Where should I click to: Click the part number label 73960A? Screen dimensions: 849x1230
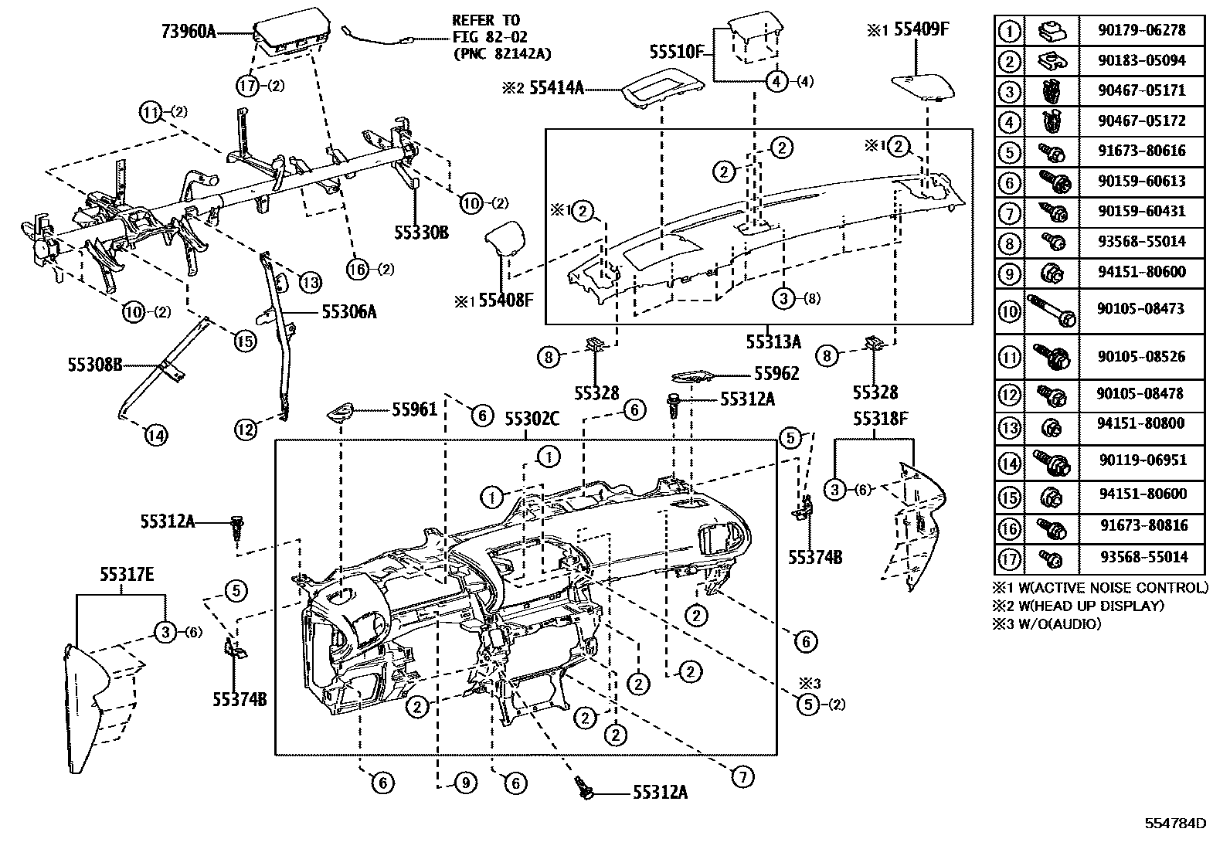tap(189, 32)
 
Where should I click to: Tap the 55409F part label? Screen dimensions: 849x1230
tap(921, 30)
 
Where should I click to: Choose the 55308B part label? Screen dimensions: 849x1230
tap(94, 364)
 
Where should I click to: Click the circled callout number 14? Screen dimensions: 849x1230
tap(155, 436)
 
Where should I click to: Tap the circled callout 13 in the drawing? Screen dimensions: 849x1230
tap(310, 283)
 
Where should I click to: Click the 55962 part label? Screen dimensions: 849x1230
tap(776, 374)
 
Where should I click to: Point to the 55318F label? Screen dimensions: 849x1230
tap(880, 419)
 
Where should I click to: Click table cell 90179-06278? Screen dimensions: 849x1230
tap(1140, 30)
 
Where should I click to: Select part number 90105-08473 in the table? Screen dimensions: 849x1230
tap(1140, 308)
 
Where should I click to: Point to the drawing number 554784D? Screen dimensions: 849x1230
tap(1175, 823)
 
